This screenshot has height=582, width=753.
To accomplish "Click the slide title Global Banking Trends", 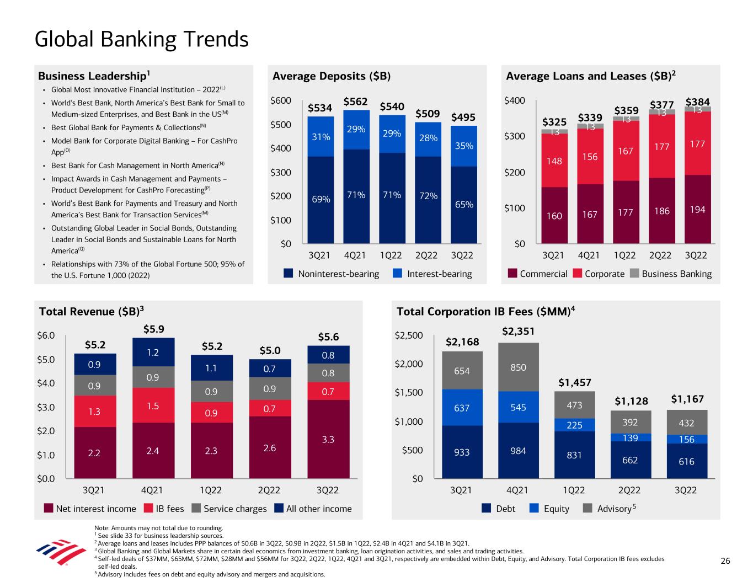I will [x=141, y=40].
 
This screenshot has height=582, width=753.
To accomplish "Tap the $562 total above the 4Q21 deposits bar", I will [x=356, y=102].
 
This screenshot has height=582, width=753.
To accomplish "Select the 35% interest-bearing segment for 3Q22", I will [x=463, y=146].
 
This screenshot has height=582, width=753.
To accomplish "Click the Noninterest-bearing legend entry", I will [x=331, y=274].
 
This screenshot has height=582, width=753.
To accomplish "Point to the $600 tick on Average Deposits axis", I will [x=281, y=101].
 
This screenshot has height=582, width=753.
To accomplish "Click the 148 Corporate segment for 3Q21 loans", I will [x=554, y=162].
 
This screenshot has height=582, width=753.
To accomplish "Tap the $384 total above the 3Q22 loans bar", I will [x=697, y=102].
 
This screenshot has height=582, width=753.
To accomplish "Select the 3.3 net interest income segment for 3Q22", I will [x=328, y=439].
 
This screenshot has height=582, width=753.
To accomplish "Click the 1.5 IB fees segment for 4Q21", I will [x=152, y=405].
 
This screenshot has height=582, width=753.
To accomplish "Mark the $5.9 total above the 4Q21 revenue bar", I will [x=153, y=329].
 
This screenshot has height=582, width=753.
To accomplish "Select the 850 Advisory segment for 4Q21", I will [x=518, y=367].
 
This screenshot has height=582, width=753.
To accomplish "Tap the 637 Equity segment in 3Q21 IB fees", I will [x=462, y=408].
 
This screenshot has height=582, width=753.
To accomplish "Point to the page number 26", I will [x=725, y=561].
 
